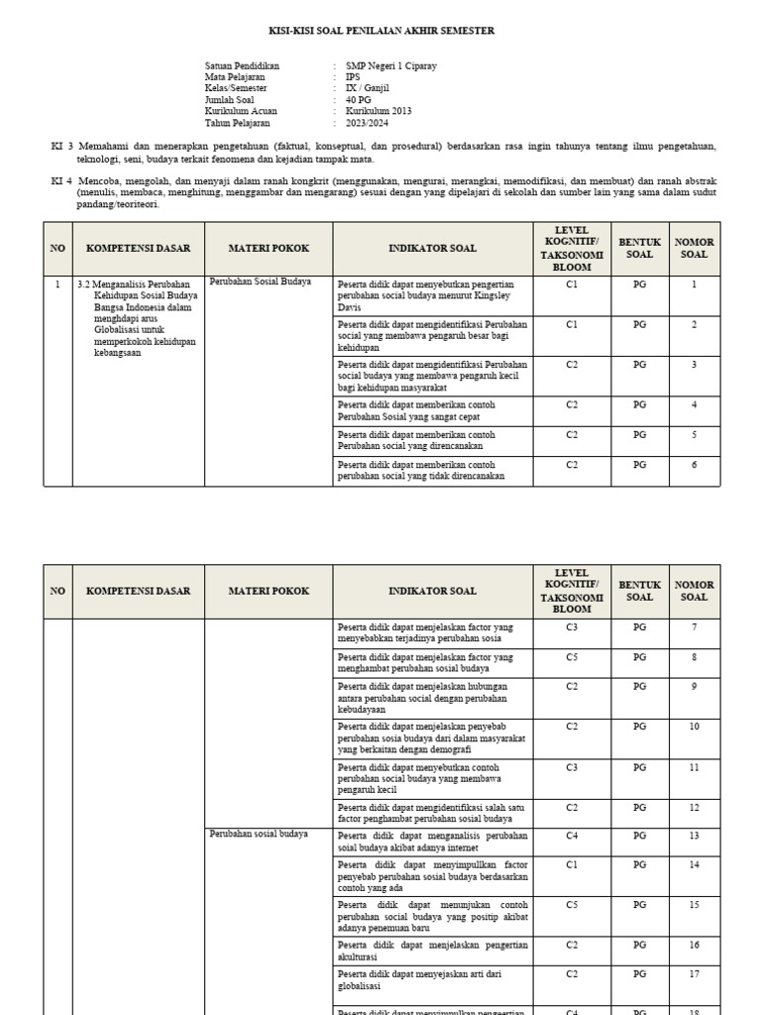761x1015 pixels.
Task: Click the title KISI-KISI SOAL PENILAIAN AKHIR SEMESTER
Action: coord(381,31)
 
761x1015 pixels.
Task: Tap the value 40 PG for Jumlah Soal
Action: coord(359,100)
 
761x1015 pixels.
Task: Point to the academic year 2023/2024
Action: coord(368,123)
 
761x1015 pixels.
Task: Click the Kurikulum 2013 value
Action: coord(378,111)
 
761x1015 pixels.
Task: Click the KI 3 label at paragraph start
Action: coord(61,146)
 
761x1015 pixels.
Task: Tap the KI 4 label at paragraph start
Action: coord(61,181)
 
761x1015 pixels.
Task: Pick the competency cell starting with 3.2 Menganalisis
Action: coord(137,317)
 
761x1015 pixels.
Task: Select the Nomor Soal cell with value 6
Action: coord(694,465)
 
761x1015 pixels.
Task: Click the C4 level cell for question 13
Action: coord(572,836)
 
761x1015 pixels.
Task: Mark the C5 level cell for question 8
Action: coord(572,656)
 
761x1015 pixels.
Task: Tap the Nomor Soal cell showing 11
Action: coord(694,767)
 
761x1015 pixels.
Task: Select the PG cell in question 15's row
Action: coord(639,905)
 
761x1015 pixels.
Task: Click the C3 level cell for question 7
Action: coord(572,626)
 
